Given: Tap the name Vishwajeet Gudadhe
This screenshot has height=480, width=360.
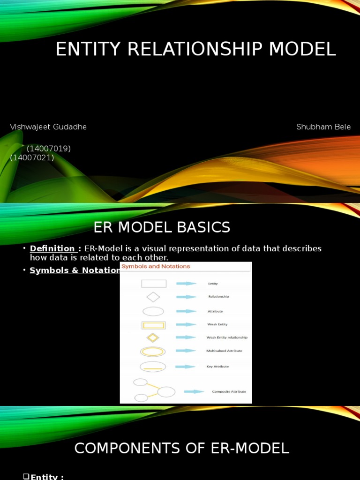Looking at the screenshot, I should (48, 127).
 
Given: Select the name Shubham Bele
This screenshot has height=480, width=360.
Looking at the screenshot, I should (323, 127).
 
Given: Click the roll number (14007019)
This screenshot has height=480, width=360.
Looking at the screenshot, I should (49, 149).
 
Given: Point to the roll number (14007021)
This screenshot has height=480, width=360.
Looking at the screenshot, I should (32, 158).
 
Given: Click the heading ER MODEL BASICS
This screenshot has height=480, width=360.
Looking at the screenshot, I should (162, 227).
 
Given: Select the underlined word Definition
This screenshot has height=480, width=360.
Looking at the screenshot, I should (52, 248).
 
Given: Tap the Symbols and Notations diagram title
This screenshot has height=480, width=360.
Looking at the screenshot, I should (156, 266).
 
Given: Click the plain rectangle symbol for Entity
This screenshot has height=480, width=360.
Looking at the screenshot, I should (154, 284).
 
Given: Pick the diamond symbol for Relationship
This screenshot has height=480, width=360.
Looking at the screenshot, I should (153, 297).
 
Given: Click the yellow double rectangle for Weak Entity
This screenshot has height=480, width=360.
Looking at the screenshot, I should (154, 325).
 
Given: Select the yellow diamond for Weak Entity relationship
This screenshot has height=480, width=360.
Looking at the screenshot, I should (153, 337).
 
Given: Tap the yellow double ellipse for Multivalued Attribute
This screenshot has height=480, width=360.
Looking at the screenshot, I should (153, 352).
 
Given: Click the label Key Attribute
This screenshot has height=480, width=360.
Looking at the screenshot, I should (217, 367).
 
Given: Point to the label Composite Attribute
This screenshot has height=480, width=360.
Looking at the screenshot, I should (229, 392).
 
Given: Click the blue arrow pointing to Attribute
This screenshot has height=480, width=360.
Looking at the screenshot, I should (186, 311).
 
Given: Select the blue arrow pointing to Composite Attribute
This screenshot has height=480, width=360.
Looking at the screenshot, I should (194, 391).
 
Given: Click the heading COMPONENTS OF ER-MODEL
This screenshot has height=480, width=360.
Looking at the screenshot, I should (181, 449).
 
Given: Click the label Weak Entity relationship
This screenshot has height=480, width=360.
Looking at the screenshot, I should (227, 337).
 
